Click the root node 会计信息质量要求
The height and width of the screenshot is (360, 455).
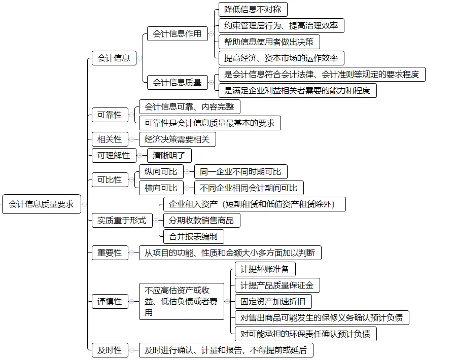click(x=41, y=204)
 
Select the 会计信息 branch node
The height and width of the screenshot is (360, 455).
click(x=114, y=58)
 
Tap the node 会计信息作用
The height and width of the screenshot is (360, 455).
click(x=177, y=34)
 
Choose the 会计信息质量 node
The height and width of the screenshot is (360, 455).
click(x=177, y=82)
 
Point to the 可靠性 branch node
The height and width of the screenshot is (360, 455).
click(x=110, y=115)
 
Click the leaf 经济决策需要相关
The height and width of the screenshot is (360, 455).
click(x=177, y=139)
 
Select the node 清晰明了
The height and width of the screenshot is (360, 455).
click(x=169, y=156)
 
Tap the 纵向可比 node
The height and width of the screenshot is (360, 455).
click(x=161, y=172)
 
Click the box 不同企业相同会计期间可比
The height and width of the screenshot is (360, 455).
click(x=249, y=188)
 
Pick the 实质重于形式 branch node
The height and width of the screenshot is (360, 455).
click(x=122, y=220)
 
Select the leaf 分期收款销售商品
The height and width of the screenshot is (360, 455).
click(x=201, y=221)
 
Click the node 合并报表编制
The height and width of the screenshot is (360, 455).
click(x=193, y=236)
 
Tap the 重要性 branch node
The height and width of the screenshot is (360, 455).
click(x=110, y=253)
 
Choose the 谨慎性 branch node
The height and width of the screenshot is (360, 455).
click(x=110, y=302)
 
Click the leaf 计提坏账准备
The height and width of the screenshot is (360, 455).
click(x=264, y=269)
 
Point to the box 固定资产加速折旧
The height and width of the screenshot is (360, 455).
click(x=272, y=301)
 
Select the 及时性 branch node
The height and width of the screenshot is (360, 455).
click(x=110, y=350)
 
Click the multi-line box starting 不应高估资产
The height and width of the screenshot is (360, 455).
click(x=181, y=302)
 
